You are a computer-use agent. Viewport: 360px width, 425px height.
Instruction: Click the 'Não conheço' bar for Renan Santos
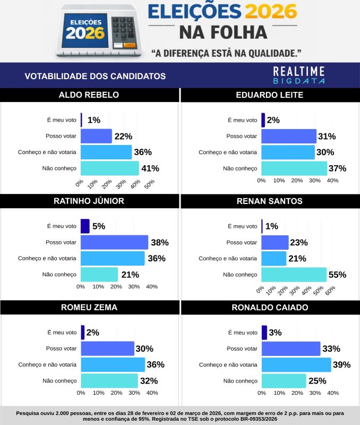[x=294, y=275]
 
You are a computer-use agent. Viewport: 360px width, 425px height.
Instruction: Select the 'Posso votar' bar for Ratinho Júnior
[x=114, y=242]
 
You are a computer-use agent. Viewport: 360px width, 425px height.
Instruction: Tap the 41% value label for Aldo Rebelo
[x=150, y=168]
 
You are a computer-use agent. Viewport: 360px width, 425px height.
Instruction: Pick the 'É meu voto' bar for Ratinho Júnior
[x=85, y=226]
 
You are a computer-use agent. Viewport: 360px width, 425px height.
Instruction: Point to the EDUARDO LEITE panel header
[x=270, y=95]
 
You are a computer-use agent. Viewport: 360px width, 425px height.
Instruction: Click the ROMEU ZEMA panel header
[x=89, y=308]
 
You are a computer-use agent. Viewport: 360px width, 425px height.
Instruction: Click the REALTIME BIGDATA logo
[x=299, y=75]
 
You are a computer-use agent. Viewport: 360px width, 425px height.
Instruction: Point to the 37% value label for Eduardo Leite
[x=337, y=168]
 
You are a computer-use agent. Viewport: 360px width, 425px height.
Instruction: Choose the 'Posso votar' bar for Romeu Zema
[x=107, y=348]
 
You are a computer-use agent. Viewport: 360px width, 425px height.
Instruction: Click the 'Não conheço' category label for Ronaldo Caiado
[x=240, y=381]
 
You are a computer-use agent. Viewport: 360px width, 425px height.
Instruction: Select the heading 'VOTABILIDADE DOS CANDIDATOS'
[x=95, y=76]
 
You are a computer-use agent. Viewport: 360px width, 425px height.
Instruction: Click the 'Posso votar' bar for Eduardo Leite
[x=288, y=136]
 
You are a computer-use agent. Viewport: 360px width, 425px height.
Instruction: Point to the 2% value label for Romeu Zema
[x=92, y=333]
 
